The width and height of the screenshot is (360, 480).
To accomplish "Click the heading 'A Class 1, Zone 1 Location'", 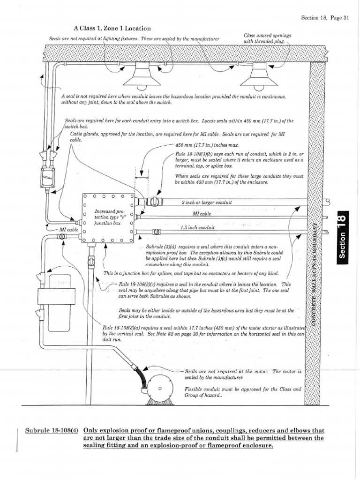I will point(112,29).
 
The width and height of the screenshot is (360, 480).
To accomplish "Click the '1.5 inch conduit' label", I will point(198,227).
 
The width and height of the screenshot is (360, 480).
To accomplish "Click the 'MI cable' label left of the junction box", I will point(69,230).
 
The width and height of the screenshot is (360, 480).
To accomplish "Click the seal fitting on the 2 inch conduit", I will point(152,202).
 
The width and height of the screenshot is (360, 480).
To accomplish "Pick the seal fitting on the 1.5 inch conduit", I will point(157,232).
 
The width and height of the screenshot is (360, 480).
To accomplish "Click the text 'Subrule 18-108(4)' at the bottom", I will point(51,431).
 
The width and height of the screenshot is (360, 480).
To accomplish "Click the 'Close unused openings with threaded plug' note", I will point(268,38).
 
